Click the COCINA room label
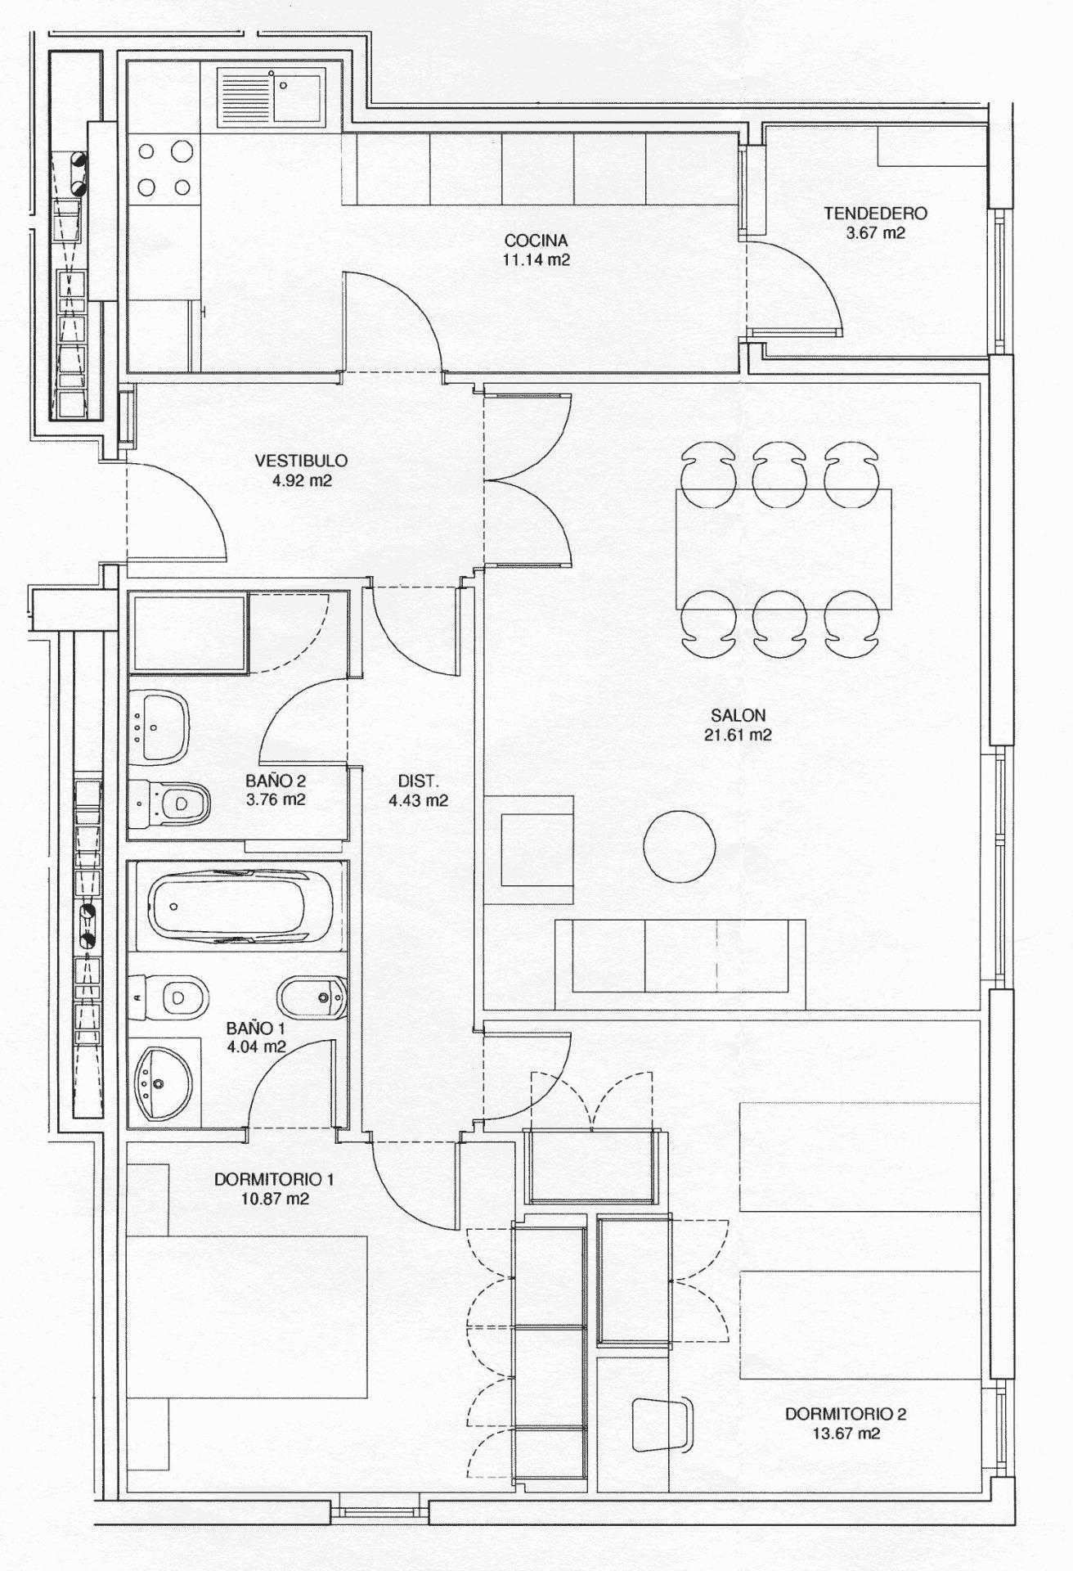(x=536, y=241)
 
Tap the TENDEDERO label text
(x=875, y=214)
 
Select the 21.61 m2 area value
(x=738, y=735)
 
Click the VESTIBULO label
(x=301, y=461)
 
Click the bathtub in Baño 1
(x=240, y=906)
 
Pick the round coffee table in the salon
(x=679, y=846)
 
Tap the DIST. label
(x=418, y=781)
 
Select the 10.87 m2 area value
(x=274, y=1199)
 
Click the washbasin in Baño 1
(x=162, y=1083)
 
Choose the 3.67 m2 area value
(x=875, y=232)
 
